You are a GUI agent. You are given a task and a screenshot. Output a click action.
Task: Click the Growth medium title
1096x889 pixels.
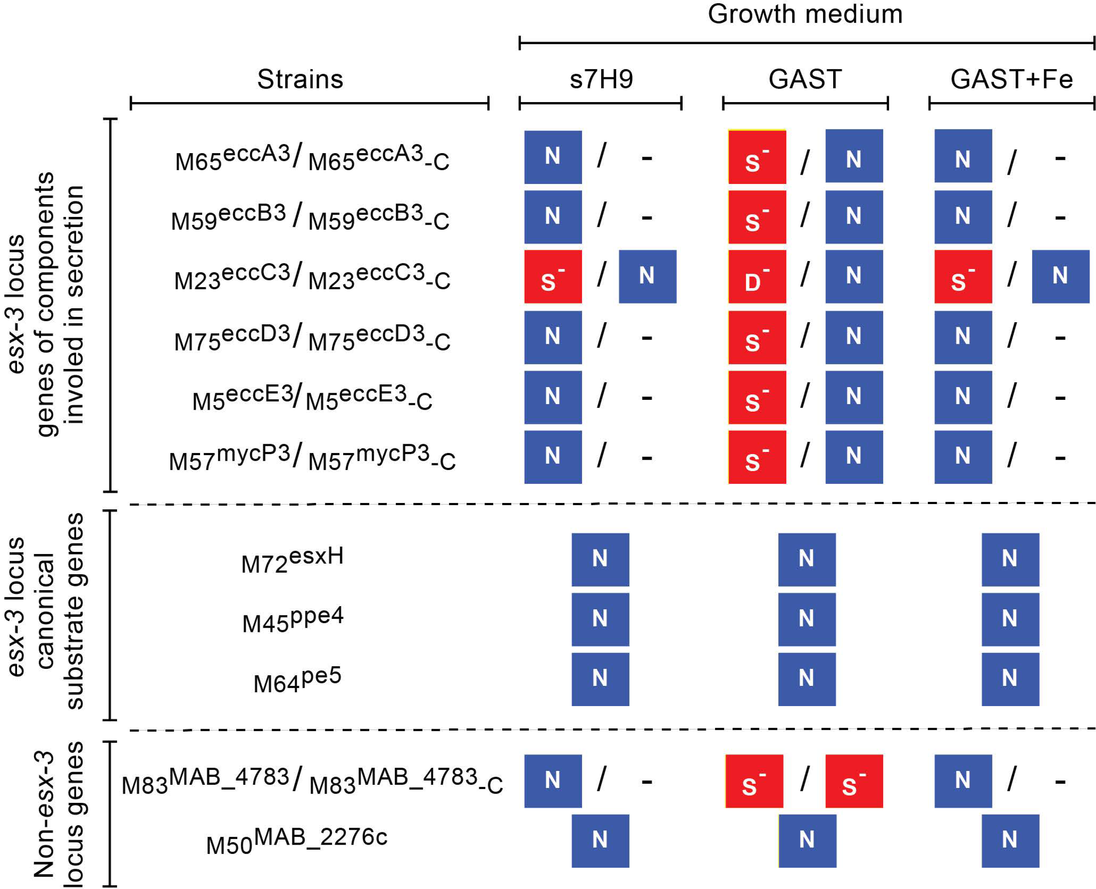coord(804,14)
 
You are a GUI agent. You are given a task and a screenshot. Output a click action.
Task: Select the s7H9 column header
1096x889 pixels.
coord(601,79)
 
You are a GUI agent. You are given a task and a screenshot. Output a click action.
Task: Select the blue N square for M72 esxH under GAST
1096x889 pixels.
coord(807,560)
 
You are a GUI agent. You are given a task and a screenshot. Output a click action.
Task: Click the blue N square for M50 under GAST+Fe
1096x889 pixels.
coord(1010,841)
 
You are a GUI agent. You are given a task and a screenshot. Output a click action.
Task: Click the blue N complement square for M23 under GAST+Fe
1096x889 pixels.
coord(1060,276)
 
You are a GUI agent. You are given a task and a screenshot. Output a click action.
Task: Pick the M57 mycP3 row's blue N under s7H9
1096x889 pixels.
coord(553,457)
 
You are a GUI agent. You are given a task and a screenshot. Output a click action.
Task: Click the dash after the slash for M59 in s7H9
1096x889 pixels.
coord(647,218)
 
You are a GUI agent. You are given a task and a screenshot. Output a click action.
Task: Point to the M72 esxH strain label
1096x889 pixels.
coord(292,561)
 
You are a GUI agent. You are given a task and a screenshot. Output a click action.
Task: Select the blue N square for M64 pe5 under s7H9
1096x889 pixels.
coord(600,680)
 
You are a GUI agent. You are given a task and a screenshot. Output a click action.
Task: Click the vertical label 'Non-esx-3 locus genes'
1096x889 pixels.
coord(57,814)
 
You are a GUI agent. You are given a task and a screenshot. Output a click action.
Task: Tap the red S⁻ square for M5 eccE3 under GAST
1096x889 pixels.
coord(757,397)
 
